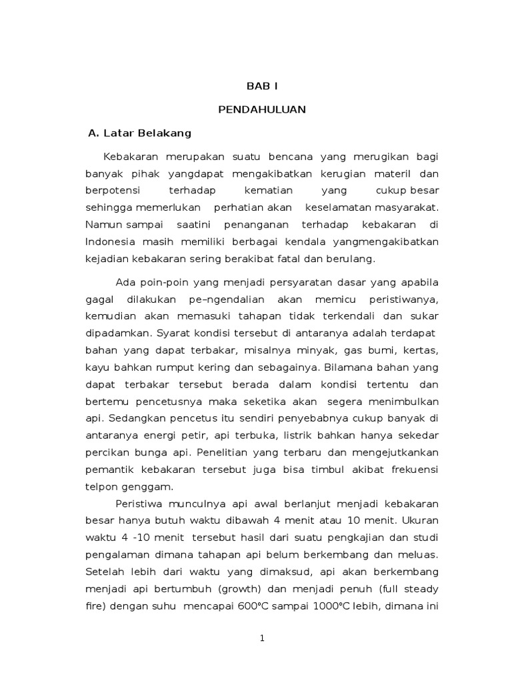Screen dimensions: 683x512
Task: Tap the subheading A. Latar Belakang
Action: (x=140, y=133)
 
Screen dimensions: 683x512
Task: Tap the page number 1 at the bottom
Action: (x=263, y=639)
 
